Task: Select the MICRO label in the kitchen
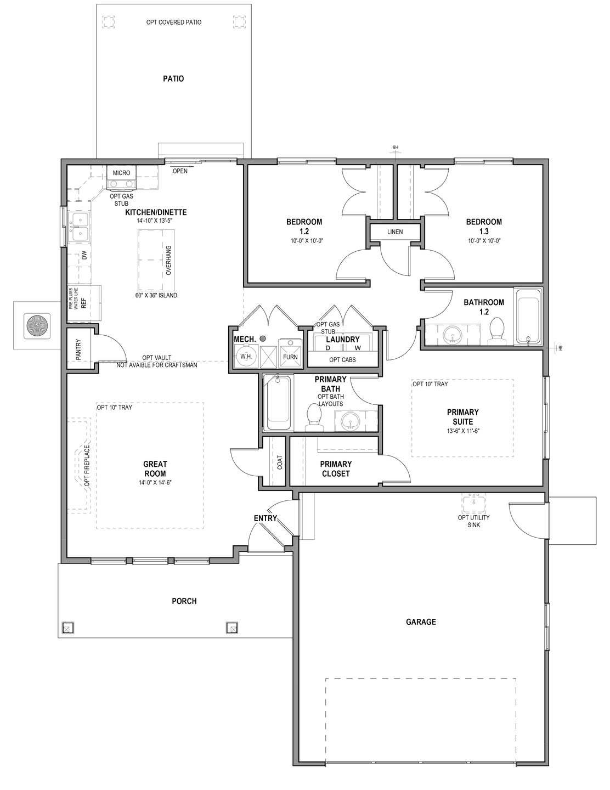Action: coord(121,173)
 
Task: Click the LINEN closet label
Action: coord(394,232)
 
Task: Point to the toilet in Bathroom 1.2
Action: coord(497,332)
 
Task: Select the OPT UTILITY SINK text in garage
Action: coord(473,521)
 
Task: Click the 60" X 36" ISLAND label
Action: coord(156,295)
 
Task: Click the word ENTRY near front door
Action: coord(265,518)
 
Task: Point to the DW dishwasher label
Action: coord(83,256)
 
